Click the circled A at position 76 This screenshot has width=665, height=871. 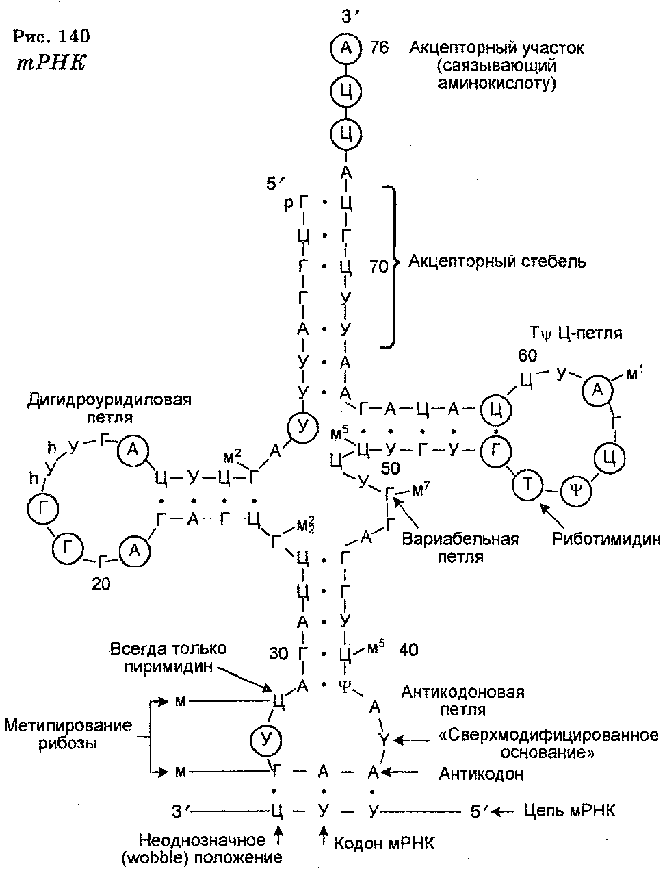[345, 48]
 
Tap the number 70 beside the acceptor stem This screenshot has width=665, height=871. [379, 266]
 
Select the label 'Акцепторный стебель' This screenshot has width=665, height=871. [497, 262]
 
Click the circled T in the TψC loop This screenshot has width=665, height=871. [527, 484]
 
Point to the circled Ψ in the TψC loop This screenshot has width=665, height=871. [576, 492]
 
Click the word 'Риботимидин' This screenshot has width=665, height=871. [607, 539]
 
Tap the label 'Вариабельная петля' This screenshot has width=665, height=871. [460, 548]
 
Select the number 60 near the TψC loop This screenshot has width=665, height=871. [527, 356]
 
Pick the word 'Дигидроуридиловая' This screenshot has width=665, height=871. [109, 400]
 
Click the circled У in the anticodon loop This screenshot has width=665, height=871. [266, 740]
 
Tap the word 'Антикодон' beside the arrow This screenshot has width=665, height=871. [481, 774]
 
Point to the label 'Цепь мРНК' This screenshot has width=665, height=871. [570, 811]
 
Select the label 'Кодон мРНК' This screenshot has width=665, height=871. [384, 842]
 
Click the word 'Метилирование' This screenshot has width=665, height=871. [68, 725]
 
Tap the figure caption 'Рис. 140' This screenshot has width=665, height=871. [51, 36]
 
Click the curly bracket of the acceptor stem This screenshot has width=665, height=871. [391, 266]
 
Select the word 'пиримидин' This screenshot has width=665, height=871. [168, 667]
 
